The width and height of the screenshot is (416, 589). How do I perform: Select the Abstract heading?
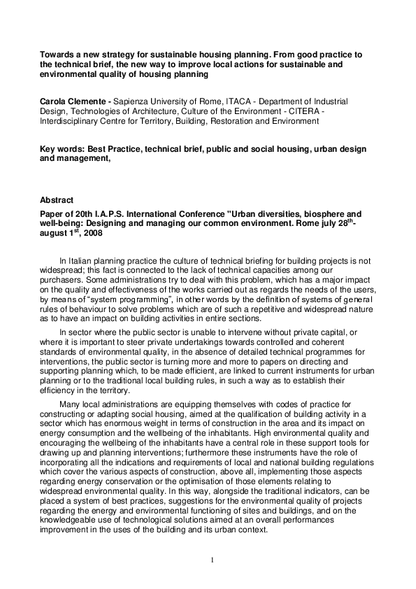point(56,200)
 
